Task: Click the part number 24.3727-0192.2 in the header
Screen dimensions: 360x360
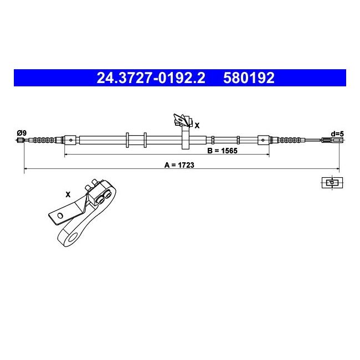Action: [x=151, y=78]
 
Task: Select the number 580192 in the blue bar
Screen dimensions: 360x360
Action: [x=249, y=78]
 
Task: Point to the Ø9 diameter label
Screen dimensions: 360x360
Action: [x=22, y=132]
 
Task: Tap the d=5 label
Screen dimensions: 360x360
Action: [x=337, y=133]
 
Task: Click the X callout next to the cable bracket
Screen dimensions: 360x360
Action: [x=197, y=126]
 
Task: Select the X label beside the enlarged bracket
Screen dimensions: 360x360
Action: [x=68, y=194]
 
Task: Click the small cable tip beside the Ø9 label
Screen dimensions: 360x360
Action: [x=22, y=140]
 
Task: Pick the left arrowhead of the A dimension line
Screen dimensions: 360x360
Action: [x=26, y=169]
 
